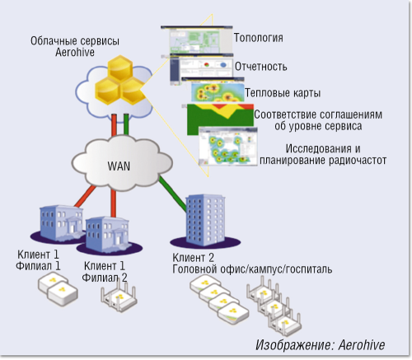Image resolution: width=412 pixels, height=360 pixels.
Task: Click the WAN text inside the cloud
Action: click(119, 165)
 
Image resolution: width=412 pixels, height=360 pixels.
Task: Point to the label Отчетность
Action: click(260, 66)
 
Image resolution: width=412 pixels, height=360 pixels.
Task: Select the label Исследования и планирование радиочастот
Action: click(321, 155)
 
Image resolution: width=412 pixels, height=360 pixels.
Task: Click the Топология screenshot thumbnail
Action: click(196, 43)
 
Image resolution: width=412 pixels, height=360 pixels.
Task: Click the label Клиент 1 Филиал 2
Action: click(105, 271)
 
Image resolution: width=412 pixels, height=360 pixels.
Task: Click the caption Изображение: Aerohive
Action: click(321, 345)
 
